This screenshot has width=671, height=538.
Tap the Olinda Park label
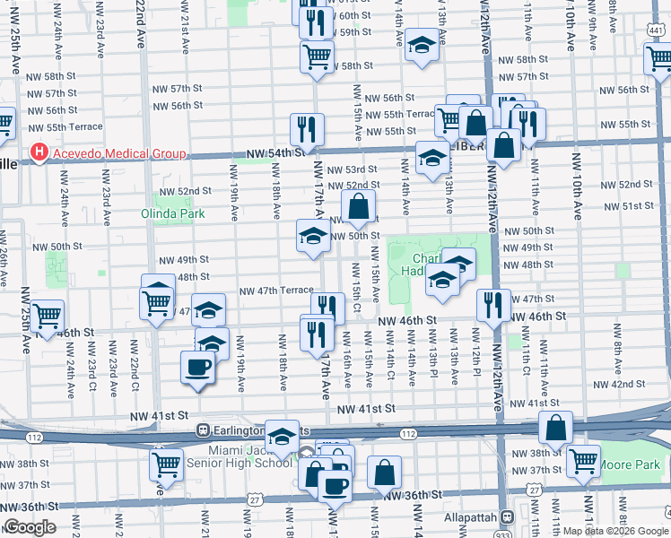173,213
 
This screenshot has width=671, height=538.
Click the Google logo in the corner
30,527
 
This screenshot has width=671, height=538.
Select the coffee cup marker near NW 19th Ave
198,367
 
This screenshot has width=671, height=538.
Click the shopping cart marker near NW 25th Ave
47,316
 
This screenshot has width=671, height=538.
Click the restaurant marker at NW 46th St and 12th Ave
492,304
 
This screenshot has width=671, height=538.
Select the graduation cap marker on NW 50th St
312,237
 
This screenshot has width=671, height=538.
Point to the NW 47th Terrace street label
275,291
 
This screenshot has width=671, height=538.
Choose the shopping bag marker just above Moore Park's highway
555,429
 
